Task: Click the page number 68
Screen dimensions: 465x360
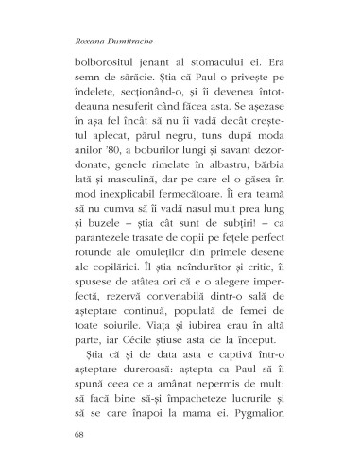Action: click(x=65, y=436)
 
